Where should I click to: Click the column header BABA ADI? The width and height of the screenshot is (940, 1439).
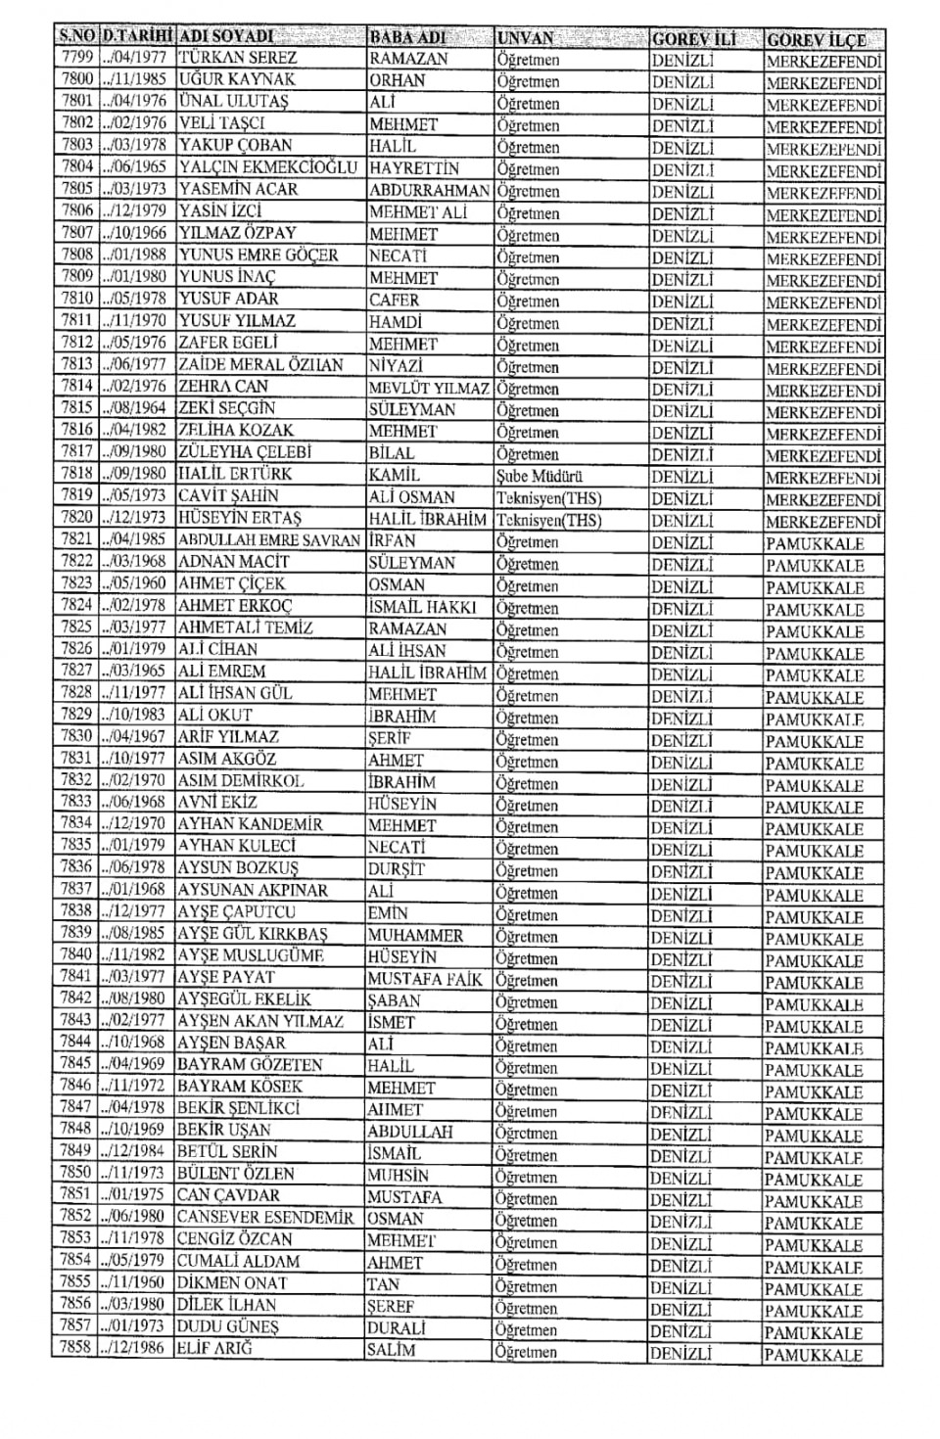pyautogui.click(x=407, y=38)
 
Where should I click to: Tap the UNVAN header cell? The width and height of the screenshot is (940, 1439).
pyautogui.click(x=525, y=39)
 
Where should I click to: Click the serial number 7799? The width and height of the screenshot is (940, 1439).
pyautogui.click(x=75, y=58)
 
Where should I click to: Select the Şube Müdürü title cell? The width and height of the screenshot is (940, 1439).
pyautogui.click(x=540, y=477)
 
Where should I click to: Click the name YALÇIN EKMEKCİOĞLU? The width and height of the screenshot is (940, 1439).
pyautogui.click(x=267, y=167)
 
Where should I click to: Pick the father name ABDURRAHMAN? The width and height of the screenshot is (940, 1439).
pyautogui.click(x=429, y=190)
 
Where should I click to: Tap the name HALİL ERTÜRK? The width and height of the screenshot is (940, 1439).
pyautogui.click(x=235, y=474)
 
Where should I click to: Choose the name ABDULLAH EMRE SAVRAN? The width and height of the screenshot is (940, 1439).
pyautogui.click(x=268, y=540)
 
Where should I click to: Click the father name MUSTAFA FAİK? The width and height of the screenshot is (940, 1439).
pyautogui.click(x=425, y=978)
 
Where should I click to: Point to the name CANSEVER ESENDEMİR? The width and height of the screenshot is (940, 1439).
pyautogui.click(x=264, y=1218)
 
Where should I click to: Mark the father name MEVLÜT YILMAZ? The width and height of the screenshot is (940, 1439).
pyautogui.click(x=428, y=389)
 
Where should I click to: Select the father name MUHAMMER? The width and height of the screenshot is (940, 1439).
pyautogui.click(x=415, y=935)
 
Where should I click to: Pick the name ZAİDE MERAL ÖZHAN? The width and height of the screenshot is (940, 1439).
pyautogui.click(x=260, y=365)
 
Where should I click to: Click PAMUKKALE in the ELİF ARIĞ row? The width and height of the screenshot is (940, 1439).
pyautogui.click(x=813, y=1356)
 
